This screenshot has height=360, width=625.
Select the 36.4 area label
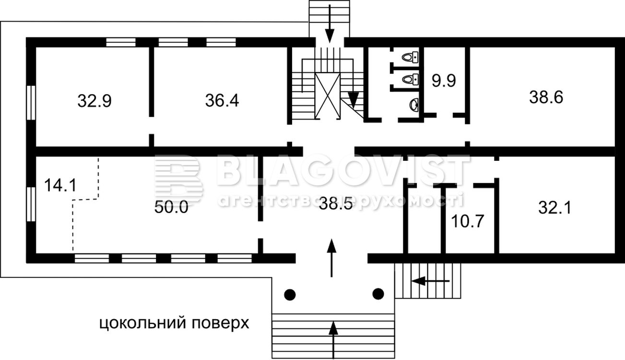click(222, 100)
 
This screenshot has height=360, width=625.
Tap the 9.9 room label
click(444, 81)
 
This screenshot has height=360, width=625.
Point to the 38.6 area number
click(546, 97)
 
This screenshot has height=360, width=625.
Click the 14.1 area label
click(60, 185)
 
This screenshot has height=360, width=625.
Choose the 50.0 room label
click(171, 207)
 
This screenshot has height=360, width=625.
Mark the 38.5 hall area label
click(336, 204)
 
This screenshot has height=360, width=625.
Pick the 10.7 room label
click(467, 221)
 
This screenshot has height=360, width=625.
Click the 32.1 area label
click(554, 208)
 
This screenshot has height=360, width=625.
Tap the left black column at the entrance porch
click(290, 294)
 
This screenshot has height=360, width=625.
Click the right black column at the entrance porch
click(378, 294)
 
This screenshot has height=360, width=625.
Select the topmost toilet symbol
click(411, 58)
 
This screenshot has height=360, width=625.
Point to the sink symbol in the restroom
click(414, 105)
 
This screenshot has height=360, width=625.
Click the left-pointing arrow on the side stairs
click(431, 281)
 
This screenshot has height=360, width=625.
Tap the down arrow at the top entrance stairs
click(330, 24)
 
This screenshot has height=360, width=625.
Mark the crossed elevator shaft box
click(328, 96)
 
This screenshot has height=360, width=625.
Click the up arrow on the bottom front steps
click(333, 339)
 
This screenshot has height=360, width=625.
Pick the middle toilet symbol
click(411, 80)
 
